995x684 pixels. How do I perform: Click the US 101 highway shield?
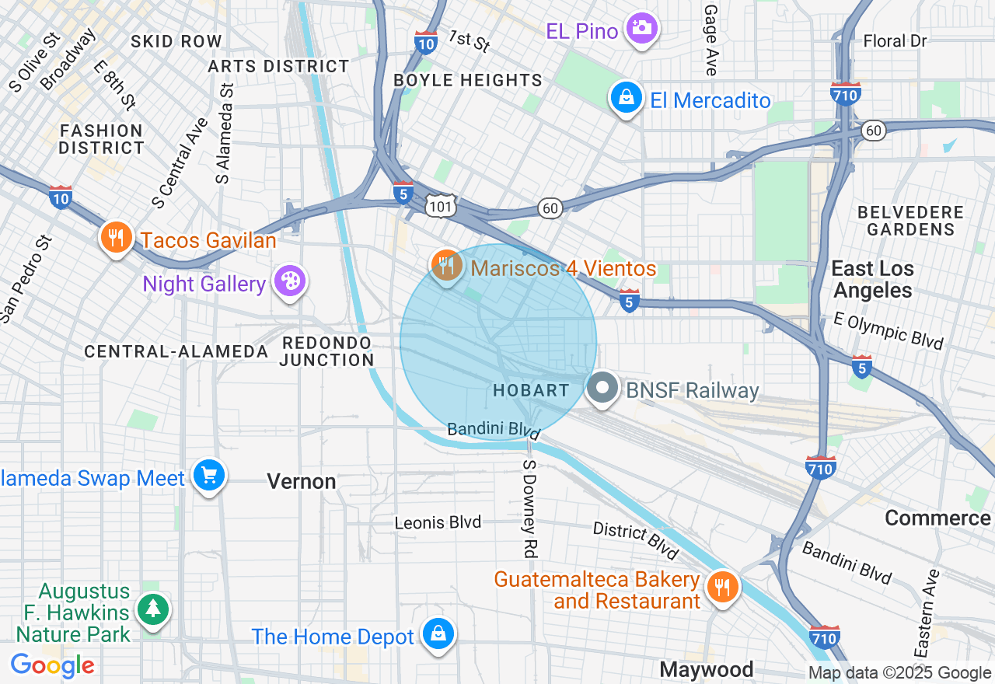pyautogui.click(x=440, y=205)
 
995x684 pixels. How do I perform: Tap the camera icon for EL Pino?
pyautogui.click(x=641, y=29)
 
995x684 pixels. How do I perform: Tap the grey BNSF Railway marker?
pyautogui.click(x=602, y=388)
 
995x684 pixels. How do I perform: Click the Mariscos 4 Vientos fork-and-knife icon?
pyautogui.click(x=446, y=266)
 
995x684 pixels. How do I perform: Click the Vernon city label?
pyautogui.click(x=302, y=481)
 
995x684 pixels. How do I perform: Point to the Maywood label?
pyautogui.click(x=706, y=669)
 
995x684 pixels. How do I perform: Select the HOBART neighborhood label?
pyautogui.click(x=531, y=390)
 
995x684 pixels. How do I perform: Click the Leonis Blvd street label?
pyautogui.click(x=438, y=522)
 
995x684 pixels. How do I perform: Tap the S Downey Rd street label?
pyautogui.click(x=529, y=508)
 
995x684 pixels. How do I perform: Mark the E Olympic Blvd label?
pyautogui.click(x=888, y=330)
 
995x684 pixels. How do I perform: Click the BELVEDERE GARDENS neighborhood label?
pyautogui.click(x=910, y=221)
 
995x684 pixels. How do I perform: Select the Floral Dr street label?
pyautogui.click(x=895, y=40)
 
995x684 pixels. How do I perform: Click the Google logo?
pyautogui.click(x=52, y=665)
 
